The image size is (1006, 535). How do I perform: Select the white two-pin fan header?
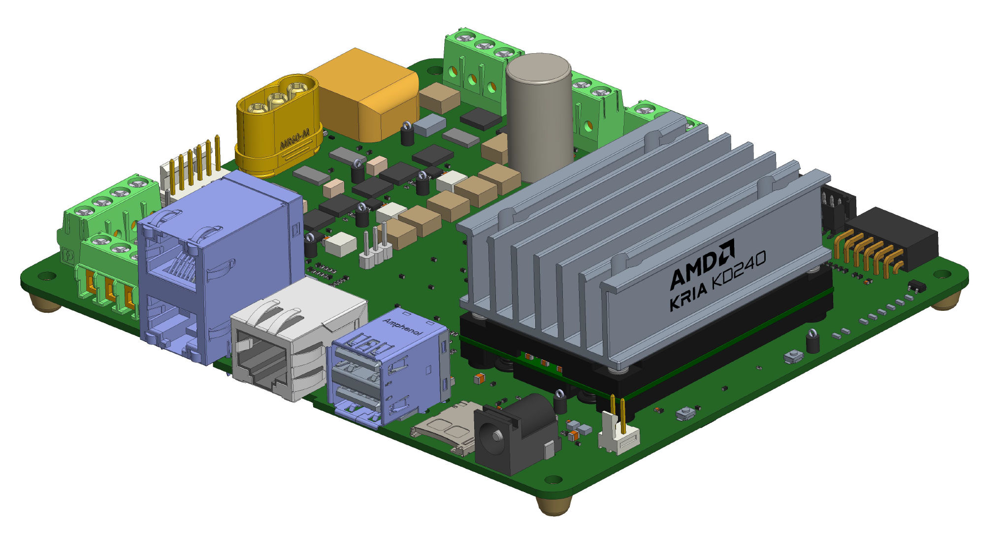pos(618,434)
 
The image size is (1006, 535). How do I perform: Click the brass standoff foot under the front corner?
pos(554,505)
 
